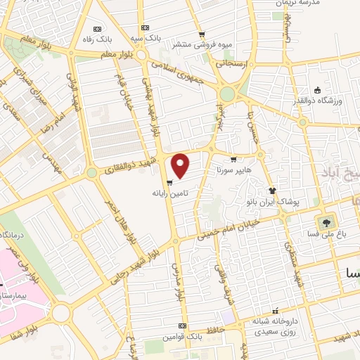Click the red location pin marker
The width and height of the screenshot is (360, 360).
pyautogui.click(x=181, y=166)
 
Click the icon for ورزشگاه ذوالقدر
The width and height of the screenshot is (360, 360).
pyautogui.click(x=317, y=89)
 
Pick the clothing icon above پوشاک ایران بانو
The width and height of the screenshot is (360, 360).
pyautogui.click(x=272, y=191)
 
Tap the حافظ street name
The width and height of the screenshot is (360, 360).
pyautogui.click(x=215, y=328)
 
